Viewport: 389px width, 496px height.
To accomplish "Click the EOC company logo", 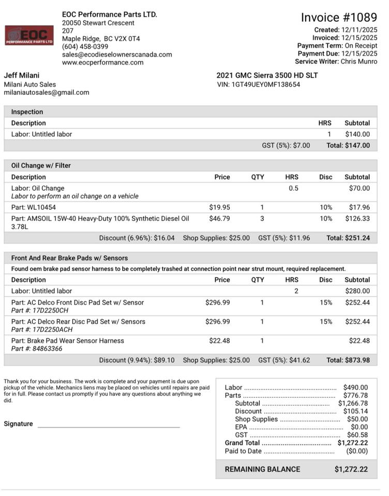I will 29,35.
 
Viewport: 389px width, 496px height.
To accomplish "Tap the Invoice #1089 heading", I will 339,18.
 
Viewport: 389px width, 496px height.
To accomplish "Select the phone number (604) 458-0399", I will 85,47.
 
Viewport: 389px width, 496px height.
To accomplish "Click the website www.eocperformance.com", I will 102,63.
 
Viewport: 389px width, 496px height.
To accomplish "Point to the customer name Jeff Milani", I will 22,75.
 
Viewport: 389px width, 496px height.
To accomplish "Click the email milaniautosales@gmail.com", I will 47,92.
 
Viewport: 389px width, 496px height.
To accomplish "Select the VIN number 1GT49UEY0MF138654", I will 265,84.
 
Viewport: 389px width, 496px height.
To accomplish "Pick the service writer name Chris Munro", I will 359,61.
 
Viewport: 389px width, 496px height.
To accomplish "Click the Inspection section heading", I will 27,112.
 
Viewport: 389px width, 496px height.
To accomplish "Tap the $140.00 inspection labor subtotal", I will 357,134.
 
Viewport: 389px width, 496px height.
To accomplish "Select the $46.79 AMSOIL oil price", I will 220,219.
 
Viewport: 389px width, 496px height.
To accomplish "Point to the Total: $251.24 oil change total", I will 348,238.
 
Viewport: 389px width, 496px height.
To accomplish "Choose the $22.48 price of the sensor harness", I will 220,340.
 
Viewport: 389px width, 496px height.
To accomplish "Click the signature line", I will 109,427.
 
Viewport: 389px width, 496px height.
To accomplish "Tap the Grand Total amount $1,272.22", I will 352,443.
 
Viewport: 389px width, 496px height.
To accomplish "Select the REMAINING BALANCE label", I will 262,469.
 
